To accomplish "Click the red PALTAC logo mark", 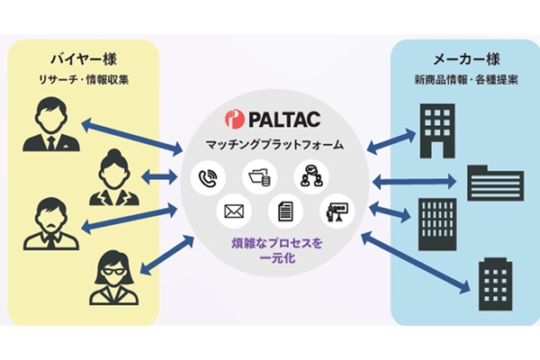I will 235,118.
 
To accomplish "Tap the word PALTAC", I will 279,118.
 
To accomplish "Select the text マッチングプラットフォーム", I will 269,144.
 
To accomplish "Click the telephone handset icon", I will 205,177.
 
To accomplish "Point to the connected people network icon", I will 311,176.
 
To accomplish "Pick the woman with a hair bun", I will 113,176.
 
